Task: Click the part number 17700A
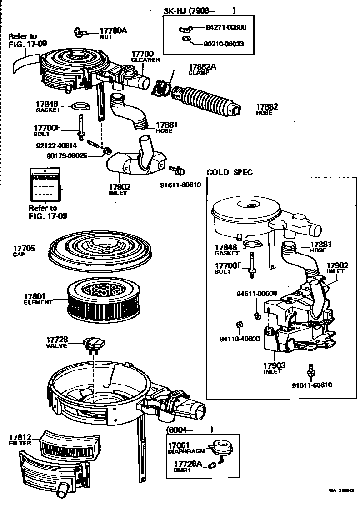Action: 113,30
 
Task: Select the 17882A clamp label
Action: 202,69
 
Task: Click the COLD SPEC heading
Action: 230,172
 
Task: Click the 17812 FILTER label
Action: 20,440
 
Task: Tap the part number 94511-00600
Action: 256,294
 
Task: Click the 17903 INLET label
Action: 274,368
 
